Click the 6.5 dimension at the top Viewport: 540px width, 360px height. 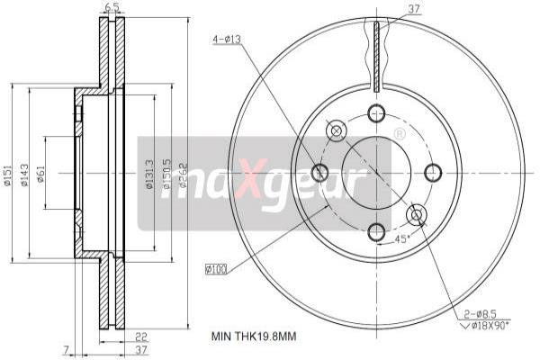pyautogui.click(x=112, y=7)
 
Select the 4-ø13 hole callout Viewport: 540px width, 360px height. pyautogui.click(x=225, y=39)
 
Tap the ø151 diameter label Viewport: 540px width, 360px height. pyautogui.click(x=7, y=174)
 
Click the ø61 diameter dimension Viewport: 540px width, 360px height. pyautogui.click(x=42, y=174)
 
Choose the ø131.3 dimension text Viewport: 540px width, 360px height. pyautogui.click(x=148, y=174)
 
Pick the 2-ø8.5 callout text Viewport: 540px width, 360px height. pyautogui.click(x=480, y=312)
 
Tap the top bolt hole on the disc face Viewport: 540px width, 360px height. pyautogui.click(x=376, y=113)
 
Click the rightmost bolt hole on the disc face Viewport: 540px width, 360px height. pyautogui.click(x=433, y=172)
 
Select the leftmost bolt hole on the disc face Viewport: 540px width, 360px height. pyautogui.click(x=319, y=172)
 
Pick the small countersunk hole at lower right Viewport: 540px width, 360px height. pyautogui.click(x=416, y=213)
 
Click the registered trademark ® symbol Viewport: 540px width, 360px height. pyautogui.click(x=399, y=134)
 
